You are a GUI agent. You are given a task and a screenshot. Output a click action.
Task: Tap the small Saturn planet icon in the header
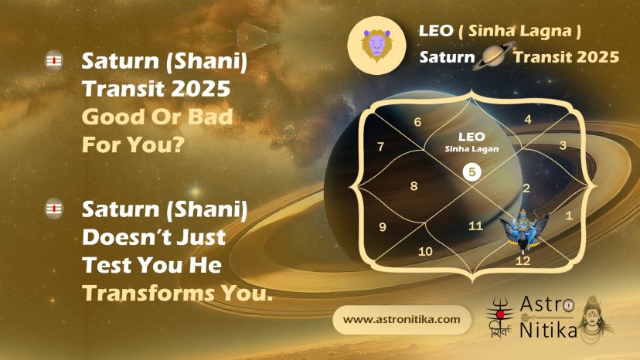point(494,56)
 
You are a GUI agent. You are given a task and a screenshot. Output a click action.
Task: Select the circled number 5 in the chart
point(471,172)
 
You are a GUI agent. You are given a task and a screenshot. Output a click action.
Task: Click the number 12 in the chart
point(523,261)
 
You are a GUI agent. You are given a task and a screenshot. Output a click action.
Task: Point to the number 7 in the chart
point(381,147)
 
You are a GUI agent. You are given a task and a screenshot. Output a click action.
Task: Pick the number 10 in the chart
point(425,251)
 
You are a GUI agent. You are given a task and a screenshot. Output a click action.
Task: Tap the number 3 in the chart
point(563,145)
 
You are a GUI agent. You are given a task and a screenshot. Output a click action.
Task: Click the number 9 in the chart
point(383,227)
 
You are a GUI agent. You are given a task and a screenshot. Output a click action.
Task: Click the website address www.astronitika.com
point(402,319)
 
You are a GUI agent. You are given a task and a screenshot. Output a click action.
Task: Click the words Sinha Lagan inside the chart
point(471,149)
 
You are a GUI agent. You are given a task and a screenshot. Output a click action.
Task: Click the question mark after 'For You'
point(178,144)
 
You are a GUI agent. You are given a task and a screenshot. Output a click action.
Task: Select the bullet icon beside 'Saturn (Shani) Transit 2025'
point(54,61)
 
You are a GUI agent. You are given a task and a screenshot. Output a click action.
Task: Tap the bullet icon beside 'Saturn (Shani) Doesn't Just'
point(54,209)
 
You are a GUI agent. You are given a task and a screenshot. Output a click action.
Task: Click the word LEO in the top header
point(436,31)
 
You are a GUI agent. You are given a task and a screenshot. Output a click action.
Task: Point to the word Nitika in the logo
point(548,330)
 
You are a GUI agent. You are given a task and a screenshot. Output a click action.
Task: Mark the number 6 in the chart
point(417,122)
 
